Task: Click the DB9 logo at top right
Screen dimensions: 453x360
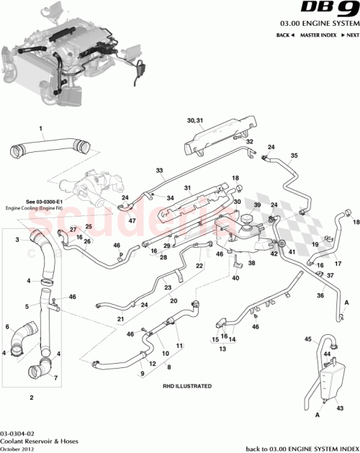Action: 326,11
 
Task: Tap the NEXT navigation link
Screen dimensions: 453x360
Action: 351,35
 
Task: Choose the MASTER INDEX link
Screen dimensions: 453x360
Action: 318,35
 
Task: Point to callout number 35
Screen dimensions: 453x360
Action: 294,156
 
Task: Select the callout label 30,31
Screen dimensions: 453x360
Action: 195,120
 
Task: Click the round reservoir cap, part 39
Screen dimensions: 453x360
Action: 250,217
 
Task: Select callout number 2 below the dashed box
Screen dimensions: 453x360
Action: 31,397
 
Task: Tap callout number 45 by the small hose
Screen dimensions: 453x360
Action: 307,338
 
